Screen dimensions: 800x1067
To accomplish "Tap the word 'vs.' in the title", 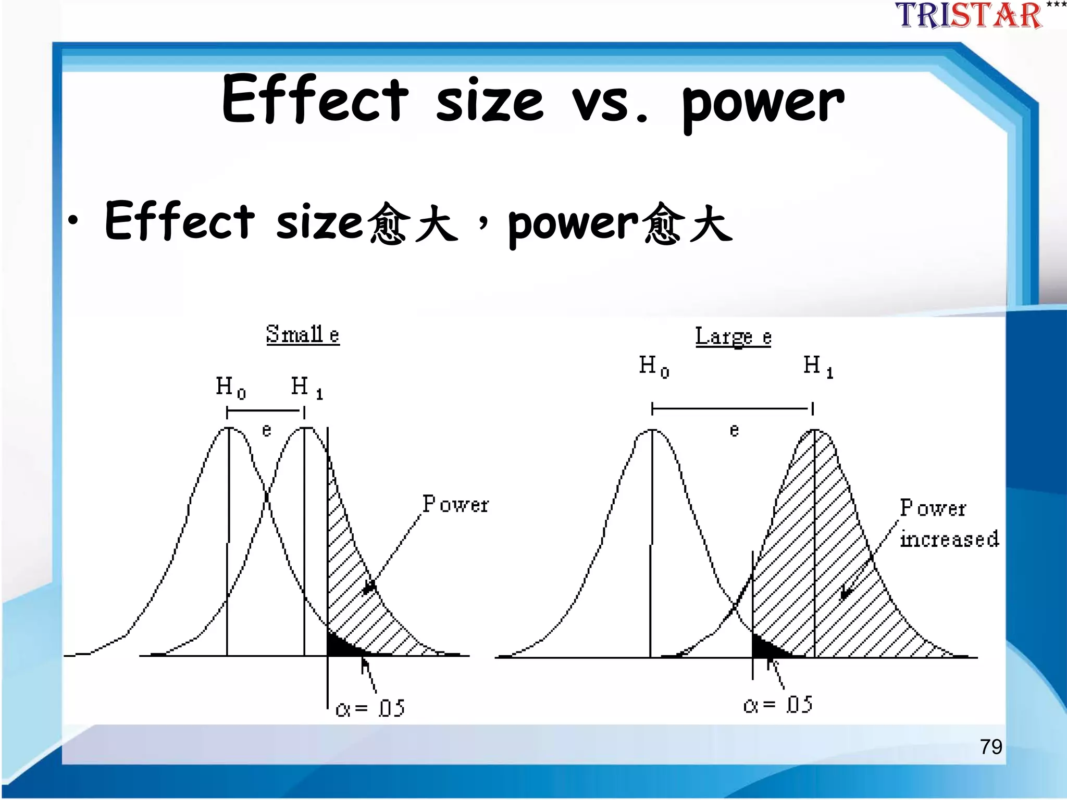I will (610, 102).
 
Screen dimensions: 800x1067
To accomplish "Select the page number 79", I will (990, 747).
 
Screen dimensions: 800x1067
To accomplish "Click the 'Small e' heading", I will (303, 334).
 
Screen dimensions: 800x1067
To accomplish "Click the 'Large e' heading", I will (733, 337).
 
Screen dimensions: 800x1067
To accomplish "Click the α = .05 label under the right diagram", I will (778, 705).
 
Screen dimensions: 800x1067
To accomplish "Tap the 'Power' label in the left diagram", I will (455, 504).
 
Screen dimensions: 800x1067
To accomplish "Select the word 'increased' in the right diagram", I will (949, 539).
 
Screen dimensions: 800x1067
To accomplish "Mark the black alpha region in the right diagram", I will (764, 648).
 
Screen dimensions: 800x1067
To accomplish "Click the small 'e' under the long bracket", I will (734, 430).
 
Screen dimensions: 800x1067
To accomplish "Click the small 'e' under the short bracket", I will (266, 430).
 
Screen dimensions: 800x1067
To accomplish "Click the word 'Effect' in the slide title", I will (315, 100).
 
